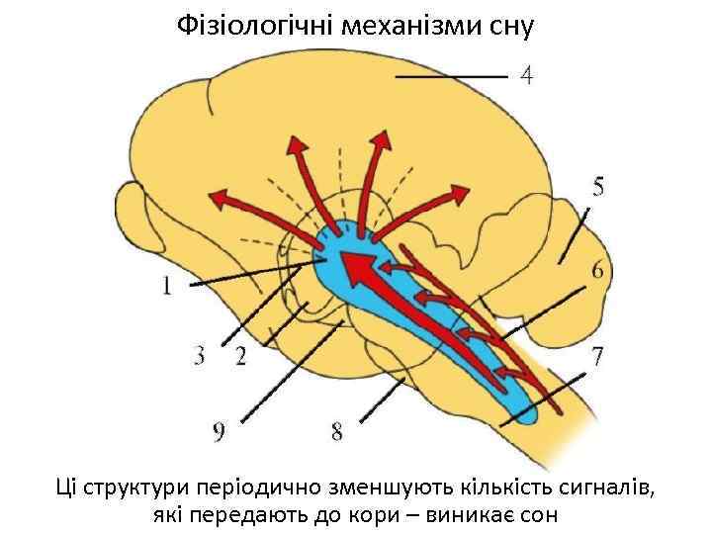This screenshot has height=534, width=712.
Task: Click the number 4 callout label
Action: tap(527, 75)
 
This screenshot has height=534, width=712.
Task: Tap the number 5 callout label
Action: tap(600, 186)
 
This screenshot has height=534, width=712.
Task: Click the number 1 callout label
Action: tap(168, 286)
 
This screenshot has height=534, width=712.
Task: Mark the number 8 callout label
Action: tap(337, 432)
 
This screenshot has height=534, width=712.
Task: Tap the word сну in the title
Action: tap(510, 26)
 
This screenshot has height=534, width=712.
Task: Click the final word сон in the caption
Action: tap(539, 514)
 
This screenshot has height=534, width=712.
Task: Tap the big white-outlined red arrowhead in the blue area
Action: tap(358, 266)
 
